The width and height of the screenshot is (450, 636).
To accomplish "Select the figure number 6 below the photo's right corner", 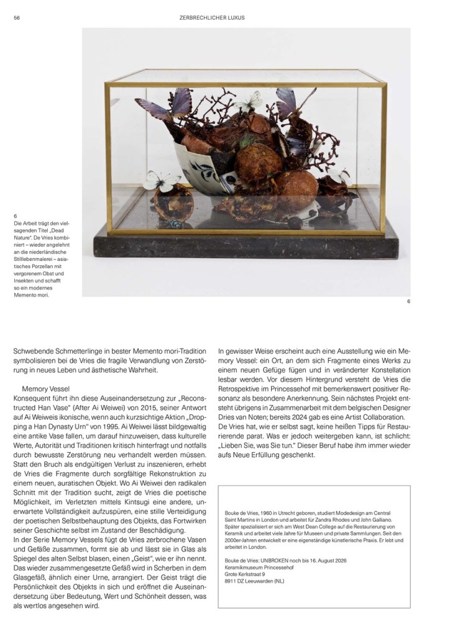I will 408,302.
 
